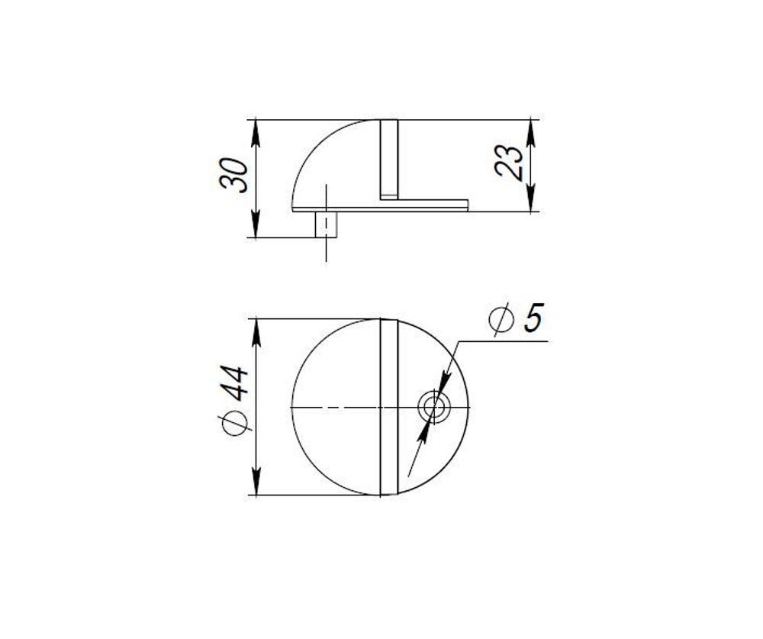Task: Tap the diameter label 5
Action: [533, 318]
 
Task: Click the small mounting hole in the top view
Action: [435, 407]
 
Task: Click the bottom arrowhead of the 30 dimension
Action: [256, 230]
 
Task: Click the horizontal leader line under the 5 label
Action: [504, 341]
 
